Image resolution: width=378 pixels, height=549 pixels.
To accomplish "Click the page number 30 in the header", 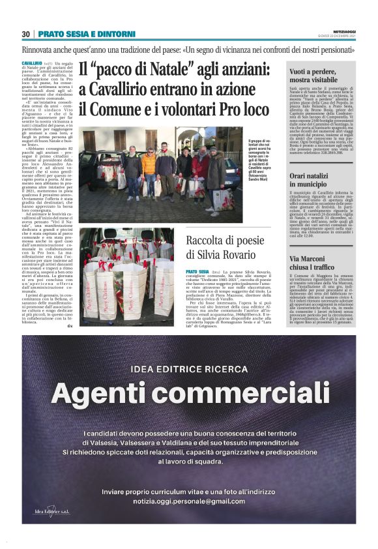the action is pyautogui.click(x=26, y=34).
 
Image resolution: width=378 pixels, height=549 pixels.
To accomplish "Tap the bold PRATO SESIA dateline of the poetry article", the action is pyautogui.click(x=196, y=271).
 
